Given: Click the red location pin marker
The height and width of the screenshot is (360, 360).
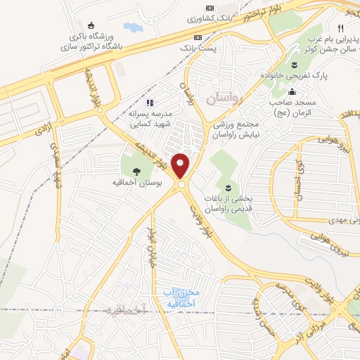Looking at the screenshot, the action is coord(181,166).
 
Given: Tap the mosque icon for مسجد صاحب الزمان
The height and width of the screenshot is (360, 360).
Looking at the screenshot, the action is coord(292,91).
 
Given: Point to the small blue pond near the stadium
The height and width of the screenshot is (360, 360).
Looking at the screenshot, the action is coord(133,27).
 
